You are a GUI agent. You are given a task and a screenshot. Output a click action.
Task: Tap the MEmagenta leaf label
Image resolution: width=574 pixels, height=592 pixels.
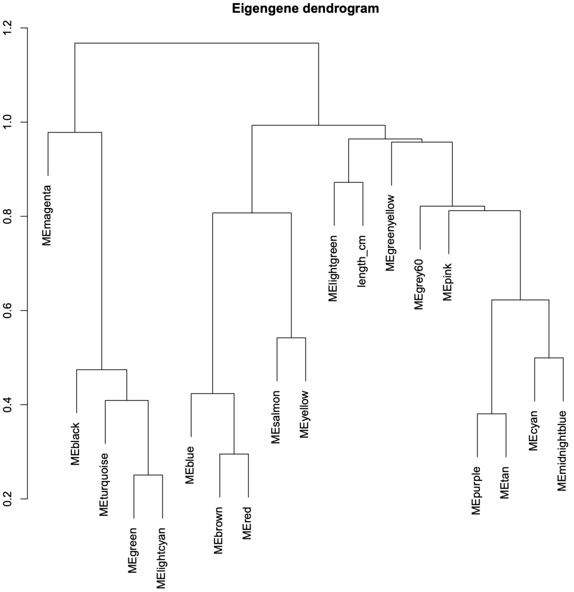pyautogui.click(x=48, y=215)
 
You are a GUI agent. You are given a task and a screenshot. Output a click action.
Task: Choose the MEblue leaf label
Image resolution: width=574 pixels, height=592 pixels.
pyautogui.click(x=190, y=465)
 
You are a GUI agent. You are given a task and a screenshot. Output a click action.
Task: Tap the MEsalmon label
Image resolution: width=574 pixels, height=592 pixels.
pyautogui.click(x=276, y=416)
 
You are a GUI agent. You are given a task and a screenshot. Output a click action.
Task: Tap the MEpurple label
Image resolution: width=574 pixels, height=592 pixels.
pyautogui.click(x=477, y=490)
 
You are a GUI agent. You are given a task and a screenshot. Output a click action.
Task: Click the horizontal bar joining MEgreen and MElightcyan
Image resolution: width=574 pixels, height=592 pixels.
pyautogui.click(x=148, y=475)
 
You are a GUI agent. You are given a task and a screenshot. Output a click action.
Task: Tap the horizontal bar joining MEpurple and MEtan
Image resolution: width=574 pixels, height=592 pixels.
pyautogui.click(x=491, y=414)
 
